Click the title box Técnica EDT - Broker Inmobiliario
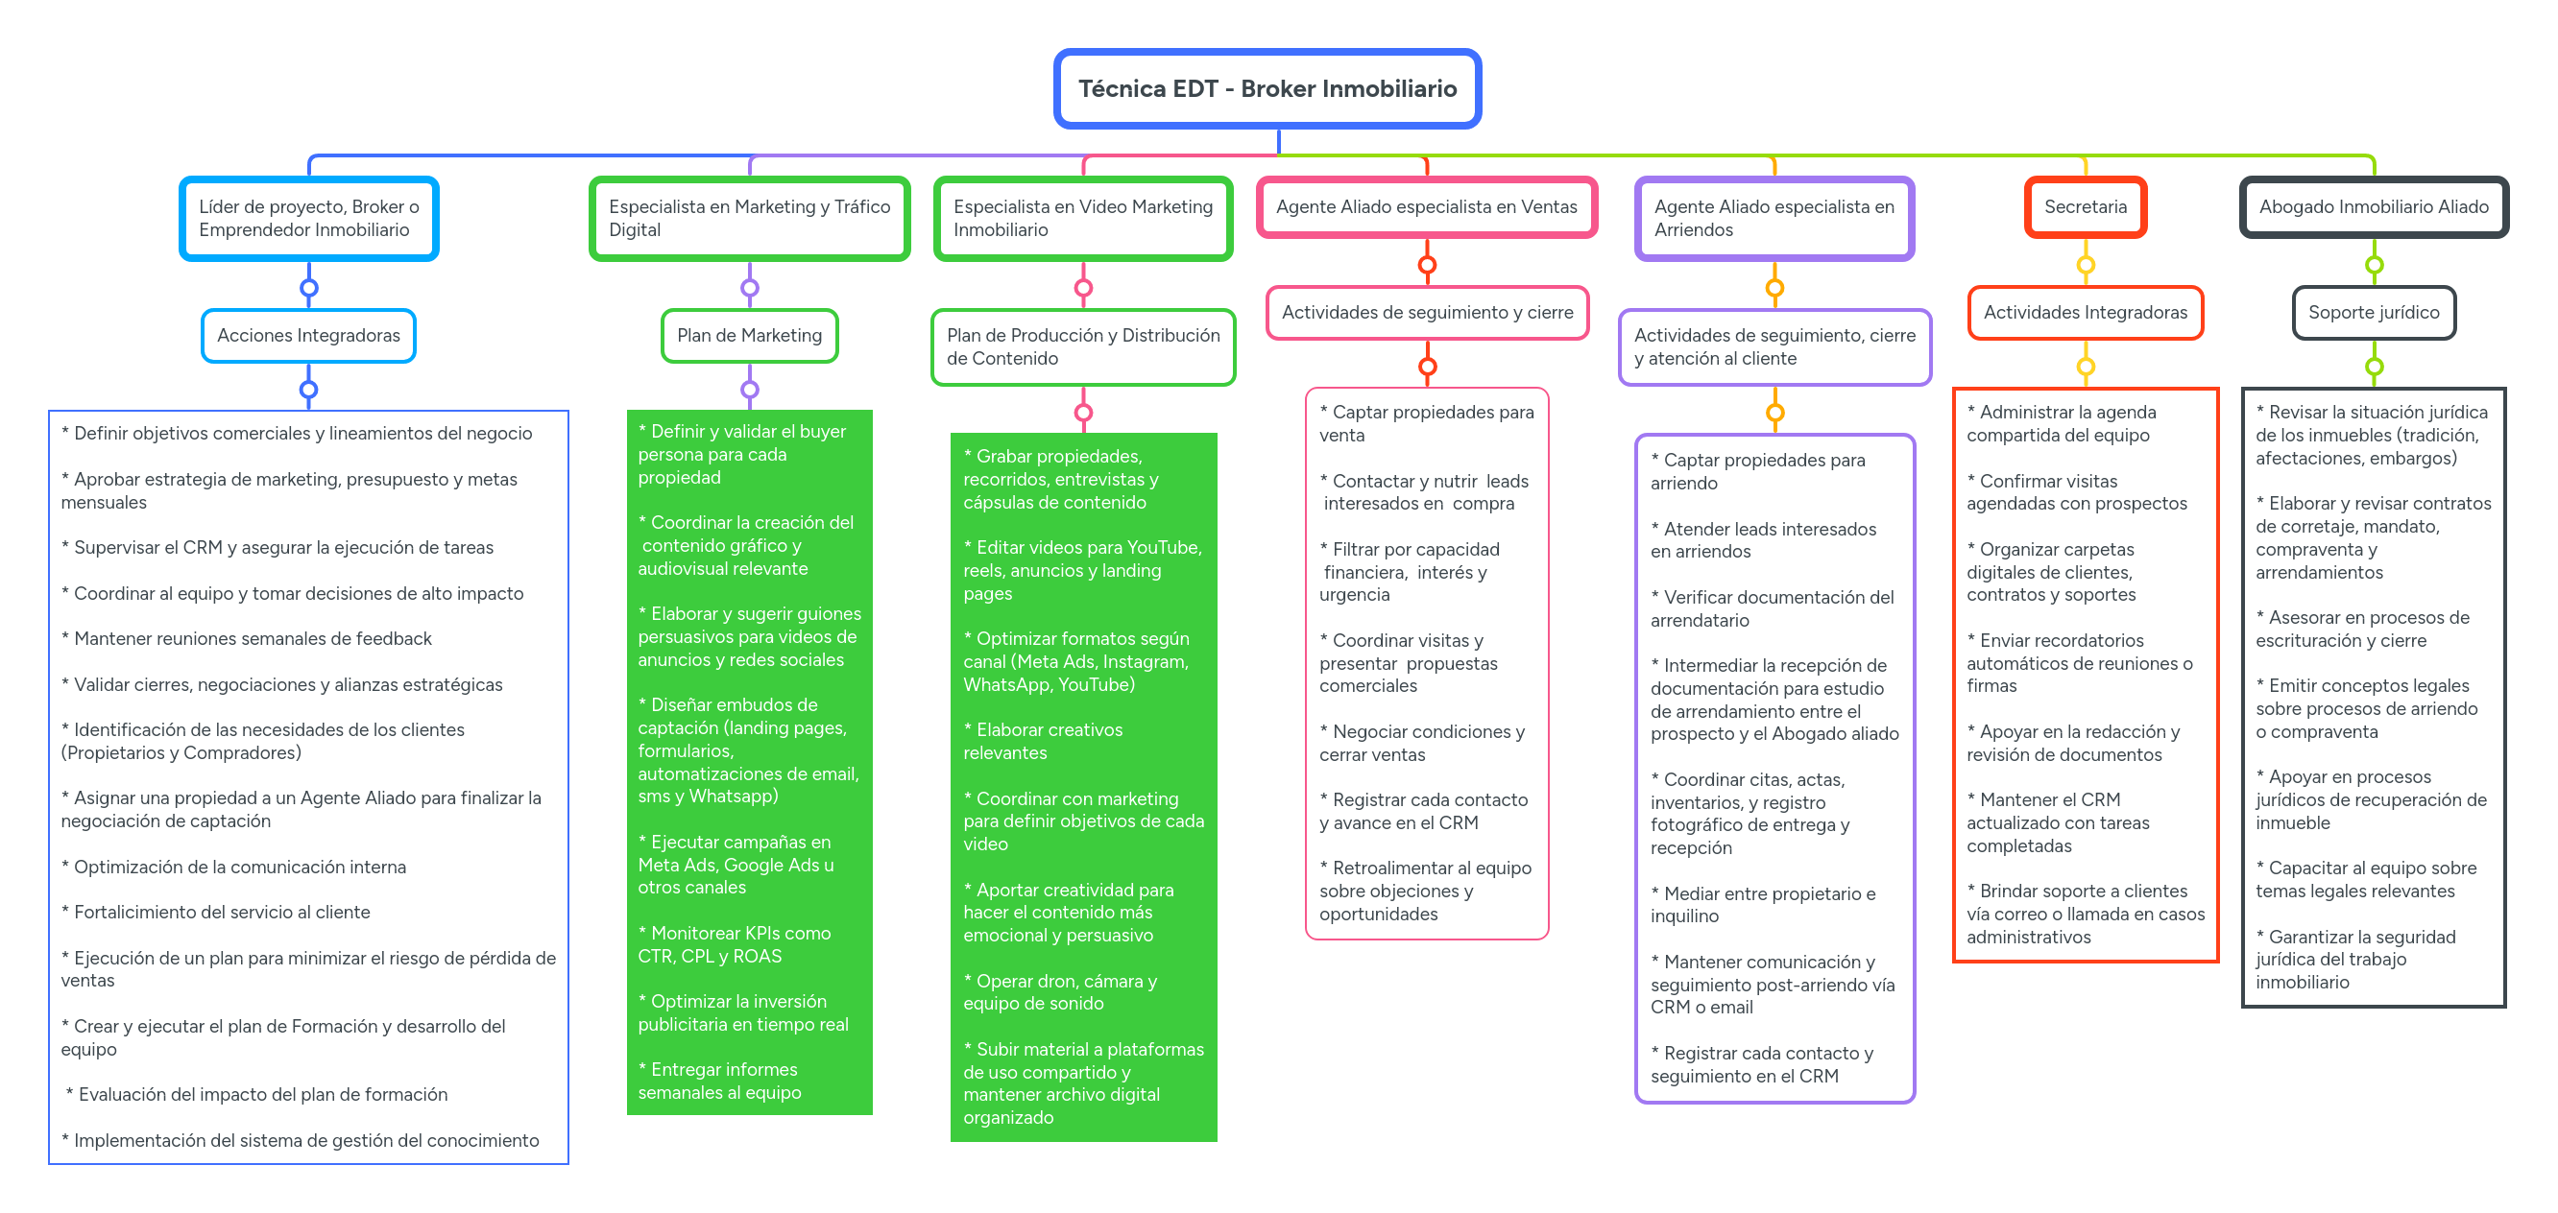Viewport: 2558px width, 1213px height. pyautogui.click(x=1267, y=89)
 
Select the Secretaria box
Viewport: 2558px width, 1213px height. pyautogui.click(x=2085, y=207)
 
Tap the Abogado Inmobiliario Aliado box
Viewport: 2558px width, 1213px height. pyautogui.click(x=2373, y=207)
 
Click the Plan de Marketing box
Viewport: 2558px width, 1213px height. pyautogui.click(x=749, y=336)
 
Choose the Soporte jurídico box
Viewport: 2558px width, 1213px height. pyautogui.click(x=2373, y=313)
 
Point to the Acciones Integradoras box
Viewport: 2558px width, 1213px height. pyautogui.click(x=308, y=336)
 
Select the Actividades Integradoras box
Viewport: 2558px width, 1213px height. pyautogui.click(x=2085, y=313)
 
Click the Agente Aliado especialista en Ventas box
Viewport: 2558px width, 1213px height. pyautogui.click(x=1426, y=207)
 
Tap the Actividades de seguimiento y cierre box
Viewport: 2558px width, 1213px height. pyautogui.click(x=1426, y=313)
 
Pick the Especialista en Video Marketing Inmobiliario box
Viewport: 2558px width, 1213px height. pyautogui.click(x=1082, y=219)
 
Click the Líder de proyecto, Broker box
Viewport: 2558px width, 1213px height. pyautogui.click(x=308, y=219)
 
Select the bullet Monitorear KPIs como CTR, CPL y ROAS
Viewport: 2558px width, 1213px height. pyautogui.click(x=735, y=944)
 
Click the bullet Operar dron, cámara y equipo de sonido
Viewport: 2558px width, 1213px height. pyautogui.click(x=1059, y=991)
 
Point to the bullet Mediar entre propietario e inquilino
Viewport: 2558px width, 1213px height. pyautogui.click(x=1763, y=904)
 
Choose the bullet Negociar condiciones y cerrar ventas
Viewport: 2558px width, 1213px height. pyautogui.click(x=1421, y=743)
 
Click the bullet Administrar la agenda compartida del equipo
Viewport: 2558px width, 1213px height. pyautogui.click(x=2061, y=423)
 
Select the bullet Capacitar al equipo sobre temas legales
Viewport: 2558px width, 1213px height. pyautogui.click(x=2364, y=878)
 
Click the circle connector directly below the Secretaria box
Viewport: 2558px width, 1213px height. pyautogui.click(x=2086, y=265)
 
